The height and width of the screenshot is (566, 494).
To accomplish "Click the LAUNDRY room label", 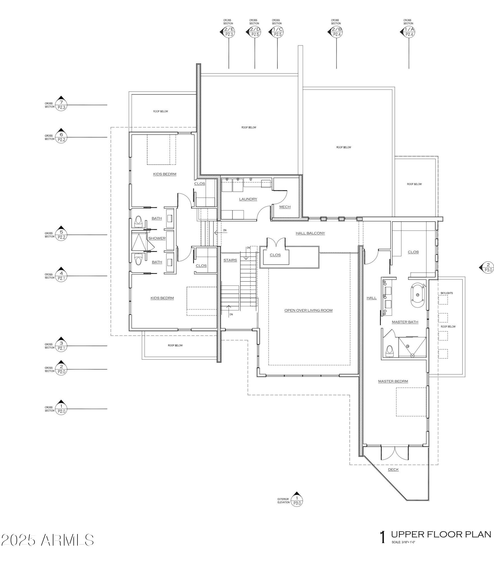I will coord(248,199).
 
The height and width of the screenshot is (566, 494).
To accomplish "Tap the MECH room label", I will coord(285,207).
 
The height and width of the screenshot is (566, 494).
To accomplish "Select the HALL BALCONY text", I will coord(310,233).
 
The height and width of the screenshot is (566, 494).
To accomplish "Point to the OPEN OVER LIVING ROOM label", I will coord(308,310).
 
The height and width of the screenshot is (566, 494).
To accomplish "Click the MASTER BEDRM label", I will coord(393,381).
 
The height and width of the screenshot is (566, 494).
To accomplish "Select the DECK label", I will coord(393,469).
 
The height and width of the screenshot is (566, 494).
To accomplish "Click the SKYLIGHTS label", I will coord(446,293).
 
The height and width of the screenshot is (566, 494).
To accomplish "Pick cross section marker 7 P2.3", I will coord(61,104).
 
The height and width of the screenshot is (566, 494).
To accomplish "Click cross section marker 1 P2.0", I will coord(61,408).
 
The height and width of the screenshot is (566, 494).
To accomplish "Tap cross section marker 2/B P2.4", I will coord(336,32).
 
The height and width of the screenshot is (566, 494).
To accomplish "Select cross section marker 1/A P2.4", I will coord(409,32).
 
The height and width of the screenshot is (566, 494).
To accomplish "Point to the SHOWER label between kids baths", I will coord(157,238).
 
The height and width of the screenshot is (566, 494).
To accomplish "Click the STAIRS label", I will coord(230,260).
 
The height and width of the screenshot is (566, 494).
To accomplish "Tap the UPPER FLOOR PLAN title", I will coord(441,534).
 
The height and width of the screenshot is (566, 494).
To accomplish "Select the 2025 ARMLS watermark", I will coord(48,540).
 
